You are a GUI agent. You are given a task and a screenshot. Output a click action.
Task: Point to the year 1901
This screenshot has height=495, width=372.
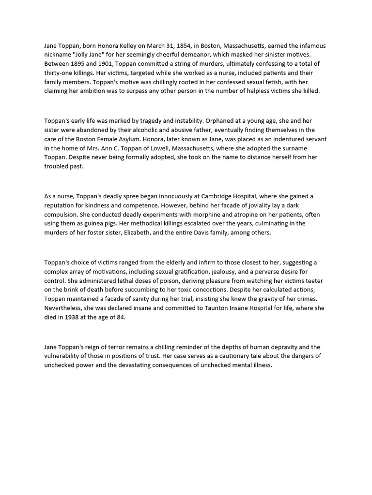click(x=109, y=64)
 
